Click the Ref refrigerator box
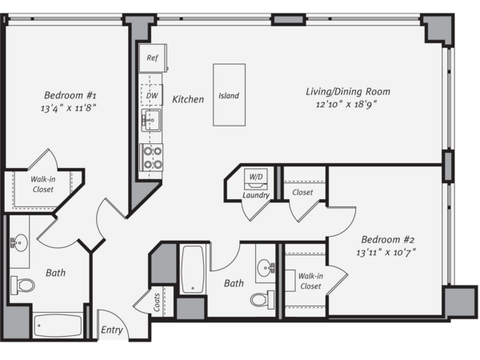pos(153,58)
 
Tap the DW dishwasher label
pos(152,95)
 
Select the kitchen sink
pos(151,120)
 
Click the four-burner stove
pos(151,158)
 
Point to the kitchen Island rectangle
pos(229,95)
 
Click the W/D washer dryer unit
pos(256,178)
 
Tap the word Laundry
pos(256,195)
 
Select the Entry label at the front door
pos(112,330)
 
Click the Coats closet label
pos(157,302)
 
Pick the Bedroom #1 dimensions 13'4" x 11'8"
pos(69,108)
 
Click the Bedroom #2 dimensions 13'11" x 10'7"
pos(386,253)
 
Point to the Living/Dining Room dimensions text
pos(346,104)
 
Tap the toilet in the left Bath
pos(22,286)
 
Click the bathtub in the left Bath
pos(58,326)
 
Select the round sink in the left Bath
pos(19,242)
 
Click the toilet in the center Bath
pos(262,300)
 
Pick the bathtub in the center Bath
pos(193,270)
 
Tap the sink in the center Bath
pos(266,267)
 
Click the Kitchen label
pos(188,99)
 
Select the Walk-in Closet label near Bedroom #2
pos(310,281)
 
